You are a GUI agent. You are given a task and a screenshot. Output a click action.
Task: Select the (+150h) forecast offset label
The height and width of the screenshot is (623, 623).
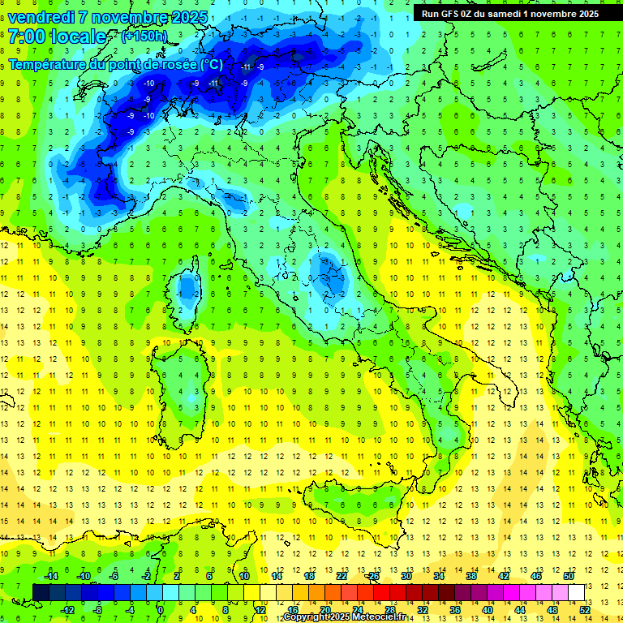(x=144, y=37)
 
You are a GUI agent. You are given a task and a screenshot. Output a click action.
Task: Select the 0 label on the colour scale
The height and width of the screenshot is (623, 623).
(x=160, y=609)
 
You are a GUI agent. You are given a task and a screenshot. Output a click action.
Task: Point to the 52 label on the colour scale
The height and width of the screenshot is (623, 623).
(x=585, y=609)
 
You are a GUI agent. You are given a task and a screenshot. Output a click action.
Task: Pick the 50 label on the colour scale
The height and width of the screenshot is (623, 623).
(x=569, y=576)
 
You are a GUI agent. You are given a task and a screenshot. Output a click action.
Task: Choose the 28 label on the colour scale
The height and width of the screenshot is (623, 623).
(x=389, y=609)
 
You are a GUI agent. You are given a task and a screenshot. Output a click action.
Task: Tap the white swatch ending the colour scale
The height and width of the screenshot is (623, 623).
(x=577, y=592)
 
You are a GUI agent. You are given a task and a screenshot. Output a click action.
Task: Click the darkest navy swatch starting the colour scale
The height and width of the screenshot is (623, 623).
(x=41, y=592)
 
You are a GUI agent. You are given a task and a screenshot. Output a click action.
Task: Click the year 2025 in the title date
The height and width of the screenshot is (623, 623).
(x=187, y=16)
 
